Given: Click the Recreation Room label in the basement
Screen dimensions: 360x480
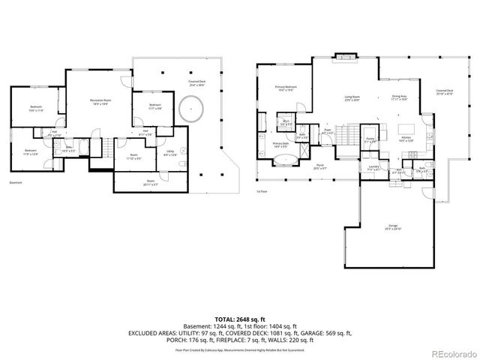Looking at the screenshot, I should pyautogui.click(x=100, y=101).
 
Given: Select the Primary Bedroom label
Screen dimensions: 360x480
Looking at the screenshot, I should pyautogui.click(x=286, y=88).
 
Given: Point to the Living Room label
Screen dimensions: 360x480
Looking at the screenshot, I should pyautogui.click(x=352, y=97).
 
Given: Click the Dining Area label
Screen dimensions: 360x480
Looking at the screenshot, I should pyautogui.click(x=399, y=97).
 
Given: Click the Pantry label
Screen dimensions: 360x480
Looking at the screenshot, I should pyautogui.click(x=370, y=140).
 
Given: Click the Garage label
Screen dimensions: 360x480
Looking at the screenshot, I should pyautogui.click(x=393, y=227).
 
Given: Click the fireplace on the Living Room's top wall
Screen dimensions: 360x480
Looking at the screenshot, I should pyautogui.click(x=344, y=55).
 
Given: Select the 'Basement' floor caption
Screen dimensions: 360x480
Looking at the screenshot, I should pyautogui.click(x=16, y=183).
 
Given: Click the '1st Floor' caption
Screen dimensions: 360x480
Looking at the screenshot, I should pyautogui.click(x=262, y=191).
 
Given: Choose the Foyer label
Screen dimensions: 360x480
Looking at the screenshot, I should pyautogui.click(x=328, y=133).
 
